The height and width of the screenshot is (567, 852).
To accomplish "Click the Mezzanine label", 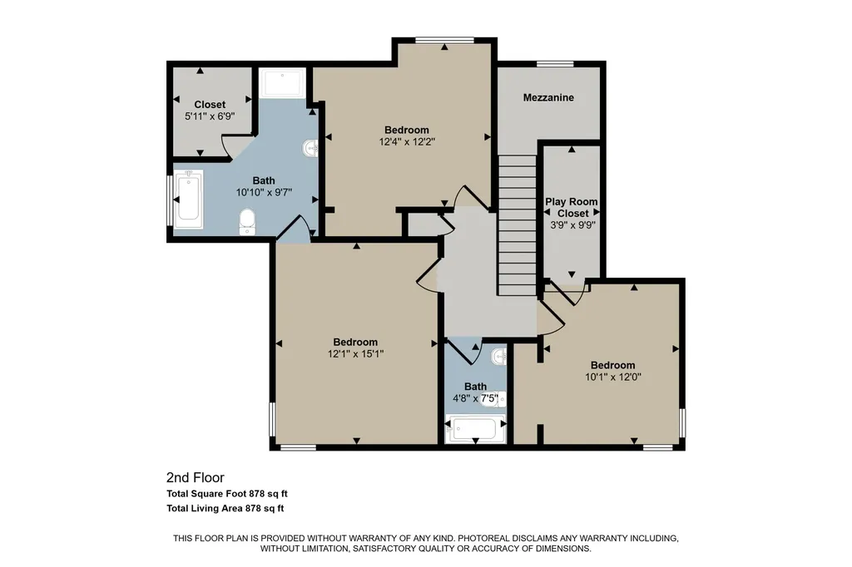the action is pos(548,98).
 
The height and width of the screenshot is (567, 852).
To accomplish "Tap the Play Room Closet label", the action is pos(572,207).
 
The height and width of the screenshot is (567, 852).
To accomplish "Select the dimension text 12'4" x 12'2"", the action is pos(407,141).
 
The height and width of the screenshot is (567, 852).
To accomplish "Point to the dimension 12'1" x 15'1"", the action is pos(355,354).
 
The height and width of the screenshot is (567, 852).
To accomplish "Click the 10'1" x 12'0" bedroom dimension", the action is pos(613,377).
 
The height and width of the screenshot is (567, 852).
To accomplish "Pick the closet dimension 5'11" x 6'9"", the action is pos(210,116).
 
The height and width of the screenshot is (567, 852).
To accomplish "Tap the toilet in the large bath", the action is pos(247,222).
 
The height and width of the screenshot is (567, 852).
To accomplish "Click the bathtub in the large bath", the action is pos(188,199).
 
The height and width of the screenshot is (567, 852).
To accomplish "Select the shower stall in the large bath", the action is pos(284,82).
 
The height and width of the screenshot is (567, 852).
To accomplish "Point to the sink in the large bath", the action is pos(311,148).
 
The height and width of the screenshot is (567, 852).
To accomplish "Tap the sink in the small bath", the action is pos(499,357).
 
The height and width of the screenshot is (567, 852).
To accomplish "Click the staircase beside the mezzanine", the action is pos(518,224).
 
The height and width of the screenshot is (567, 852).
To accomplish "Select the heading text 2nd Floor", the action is pos(195,478).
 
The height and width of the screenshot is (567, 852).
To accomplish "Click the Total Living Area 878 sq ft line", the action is pos(225,509).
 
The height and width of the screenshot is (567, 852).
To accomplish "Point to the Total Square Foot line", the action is pos(226,494).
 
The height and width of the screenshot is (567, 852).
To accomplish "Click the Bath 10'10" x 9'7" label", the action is pos(264,186).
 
